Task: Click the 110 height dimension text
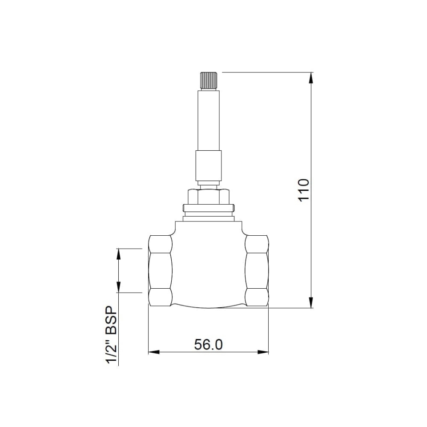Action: point(303,189)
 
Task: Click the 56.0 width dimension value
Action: point(208,345)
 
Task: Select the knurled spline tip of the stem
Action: point(208,80)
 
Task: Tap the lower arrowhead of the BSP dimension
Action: point(118,288)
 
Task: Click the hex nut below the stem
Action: point(208,196)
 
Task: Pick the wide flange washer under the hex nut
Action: point(208,207)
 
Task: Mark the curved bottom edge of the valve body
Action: point(208,307)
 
